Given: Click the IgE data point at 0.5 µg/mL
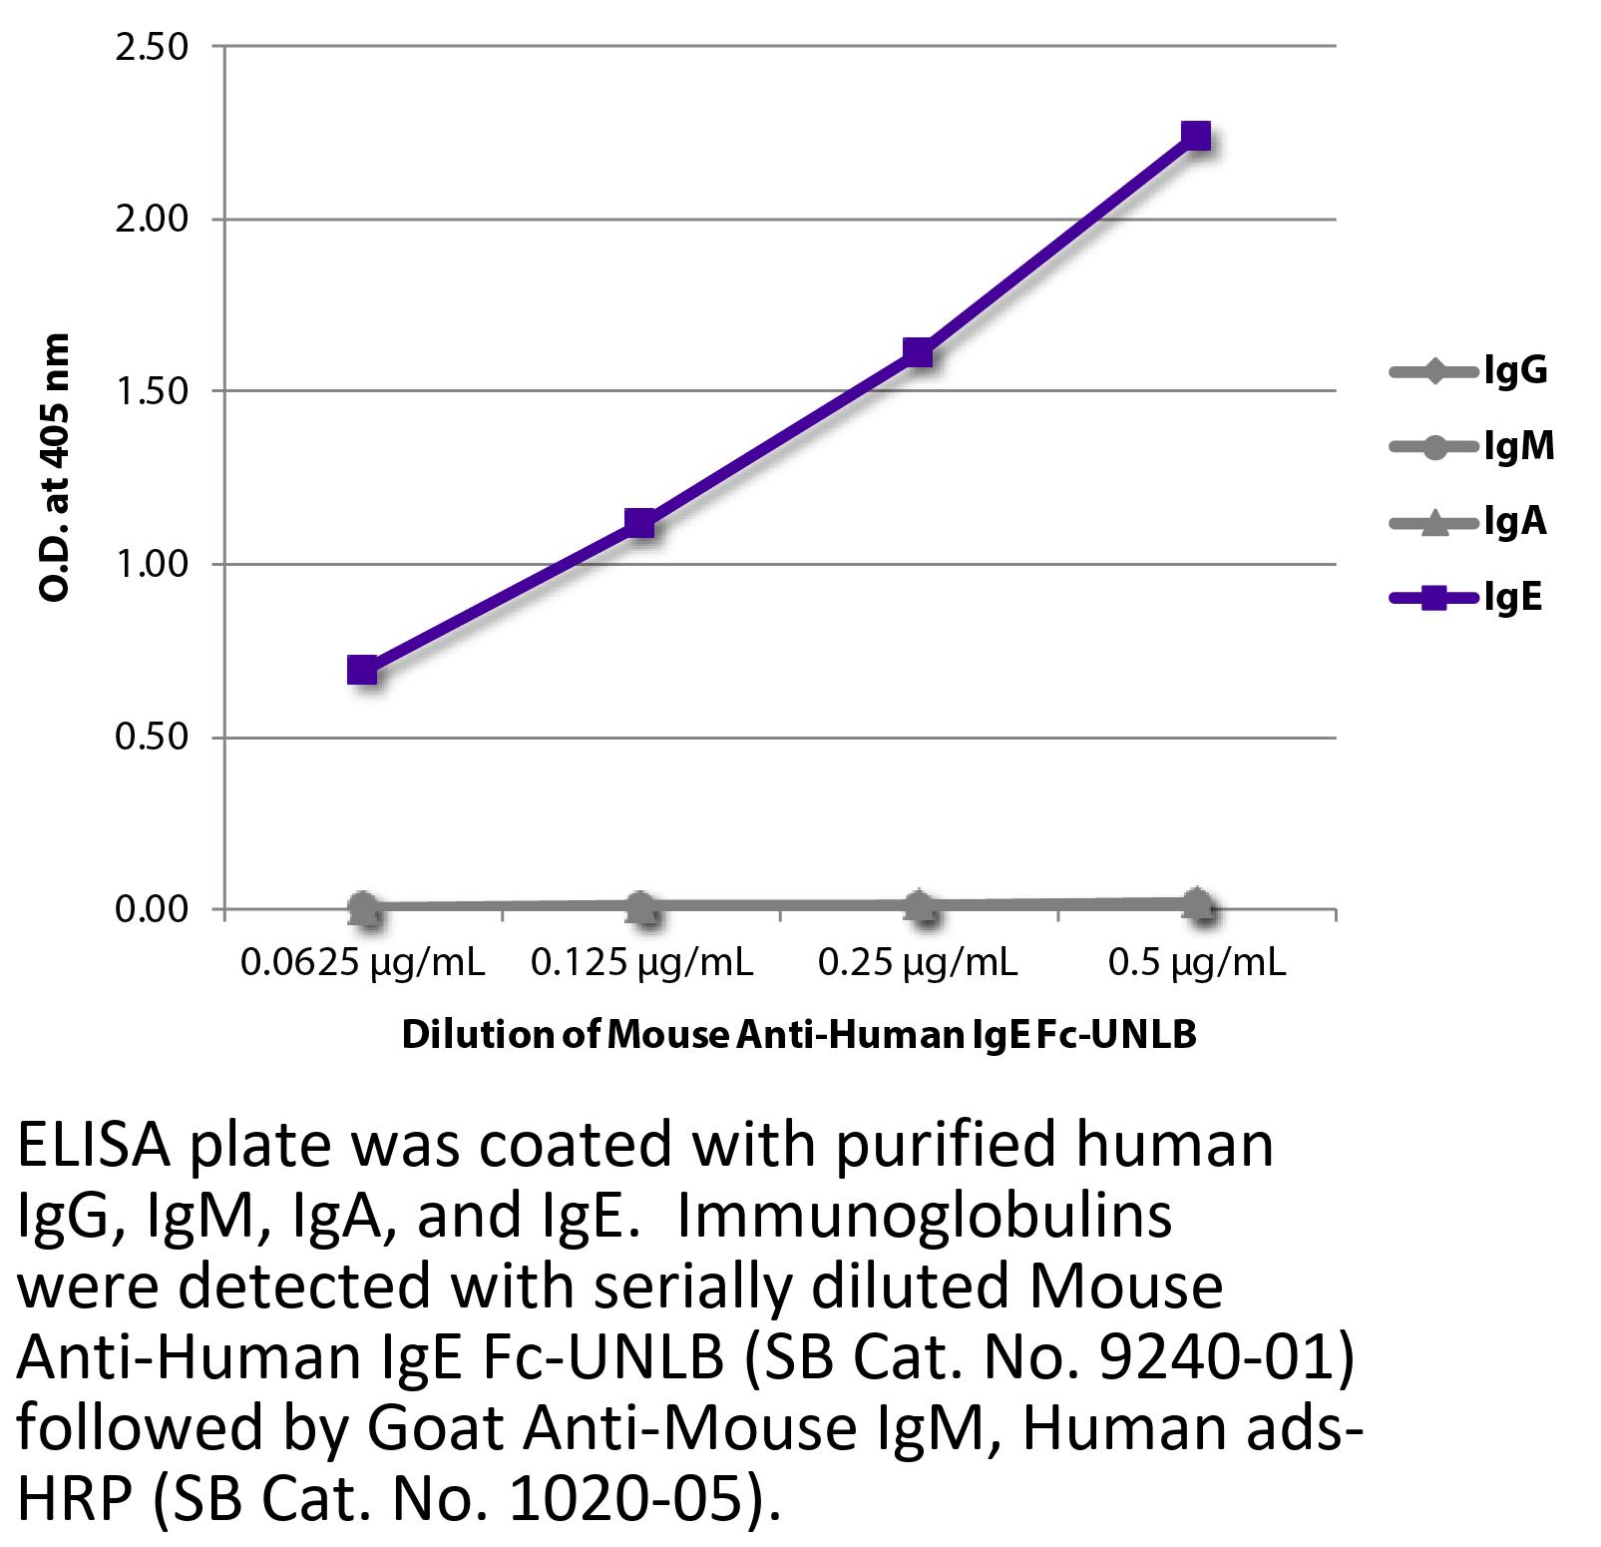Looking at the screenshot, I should tap(1196, 135).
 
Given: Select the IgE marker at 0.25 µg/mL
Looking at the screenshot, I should tap(918, 351).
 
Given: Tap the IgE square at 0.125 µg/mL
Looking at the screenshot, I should tap(639, 522).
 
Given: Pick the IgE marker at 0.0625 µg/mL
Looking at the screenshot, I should tap(362, 670).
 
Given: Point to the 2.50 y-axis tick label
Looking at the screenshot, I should tap(152, 47).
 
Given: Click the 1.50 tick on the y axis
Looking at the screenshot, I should tap(152, 391).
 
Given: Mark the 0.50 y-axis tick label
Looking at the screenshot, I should tap(152, 737).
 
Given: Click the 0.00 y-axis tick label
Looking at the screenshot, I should tap(152, 909).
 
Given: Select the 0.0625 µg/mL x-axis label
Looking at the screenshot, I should tap(362, 962).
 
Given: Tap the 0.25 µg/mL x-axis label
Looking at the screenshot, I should tap(918, 962).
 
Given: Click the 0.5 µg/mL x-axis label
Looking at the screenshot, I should tap(1196, 962).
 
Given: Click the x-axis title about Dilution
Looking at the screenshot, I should tap(798, 1035).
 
